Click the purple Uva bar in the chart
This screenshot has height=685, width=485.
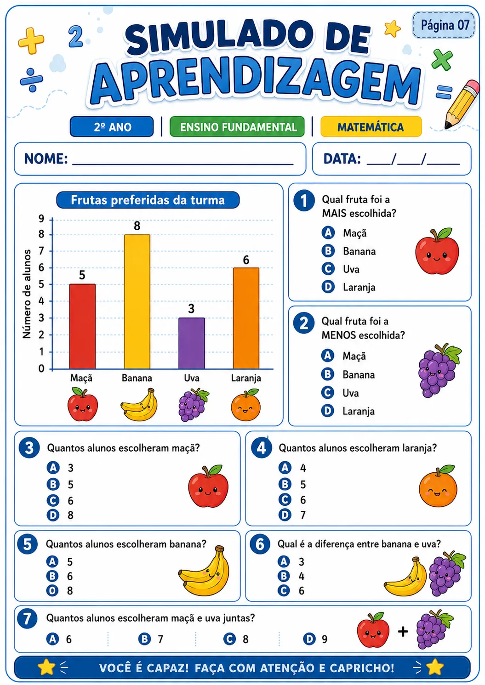coord(192,343)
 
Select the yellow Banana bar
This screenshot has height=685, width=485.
coord(137,301)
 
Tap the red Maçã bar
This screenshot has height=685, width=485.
coord(82,326)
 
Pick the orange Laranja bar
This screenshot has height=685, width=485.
coord(246,318)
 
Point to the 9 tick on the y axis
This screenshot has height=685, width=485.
coord(41,218)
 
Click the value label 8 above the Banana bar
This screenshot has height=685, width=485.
coord(137,226)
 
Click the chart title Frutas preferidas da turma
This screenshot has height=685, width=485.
coord(148,200)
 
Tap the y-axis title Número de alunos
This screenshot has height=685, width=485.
coord(27,294)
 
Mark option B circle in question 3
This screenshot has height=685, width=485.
coord(53,484)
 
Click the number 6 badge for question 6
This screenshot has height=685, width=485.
coord(260,544)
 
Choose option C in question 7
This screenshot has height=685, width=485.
coord(236,639)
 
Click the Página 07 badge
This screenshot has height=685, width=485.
coord(444,25)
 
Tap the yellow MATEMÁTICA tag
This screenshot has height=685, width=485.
coord(371,127)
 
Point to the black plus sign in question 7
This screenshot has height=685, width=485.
coord(403,632)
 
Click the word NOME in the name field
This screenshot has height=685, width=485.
coord(46,159)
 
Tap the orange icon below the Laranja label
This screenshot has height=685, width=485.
coord(245,405)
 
